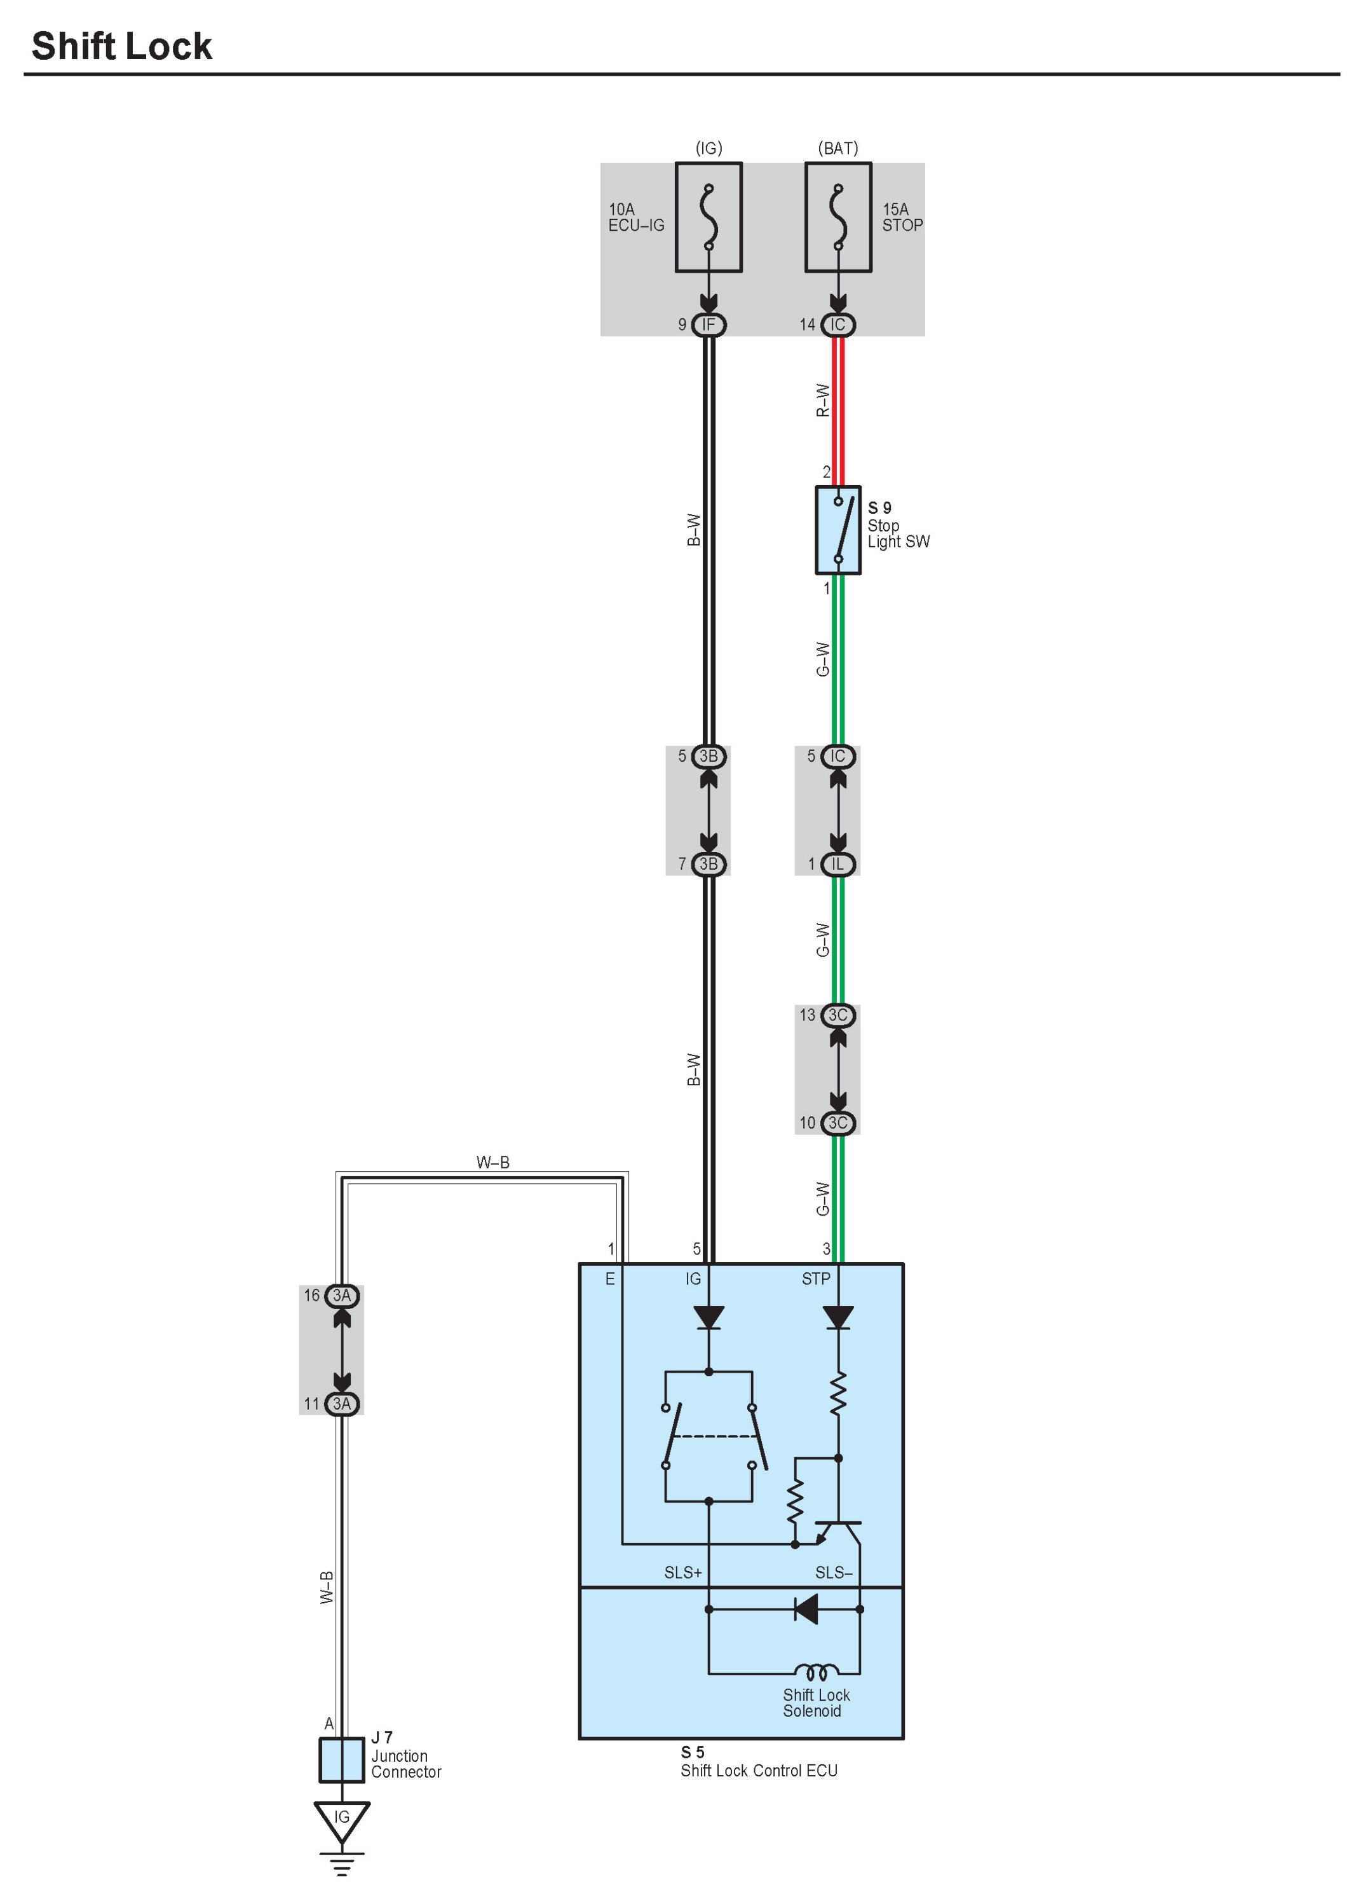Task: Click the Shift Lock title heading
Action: point(122,47)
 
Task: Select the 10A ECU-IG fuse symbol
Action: point(708,217)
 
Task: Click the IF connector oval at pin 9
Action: point(708,325)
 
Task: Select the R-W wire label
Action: point(823,400)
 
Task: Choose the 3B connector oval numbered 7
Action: point(708,864)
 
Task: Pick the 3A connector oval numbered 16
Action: point(341,1296)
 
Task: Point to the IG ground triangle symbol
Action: point(341,1820)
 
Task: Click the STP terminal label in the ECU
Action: point(815,1279)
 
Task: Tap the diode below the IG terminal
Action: point(708,1318)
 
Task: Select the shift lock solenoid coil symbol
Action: point(817,1673)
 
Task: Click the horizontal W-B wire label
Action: point(492,1162)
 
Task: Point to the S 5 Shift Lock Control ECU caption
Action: point(758,1762)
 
